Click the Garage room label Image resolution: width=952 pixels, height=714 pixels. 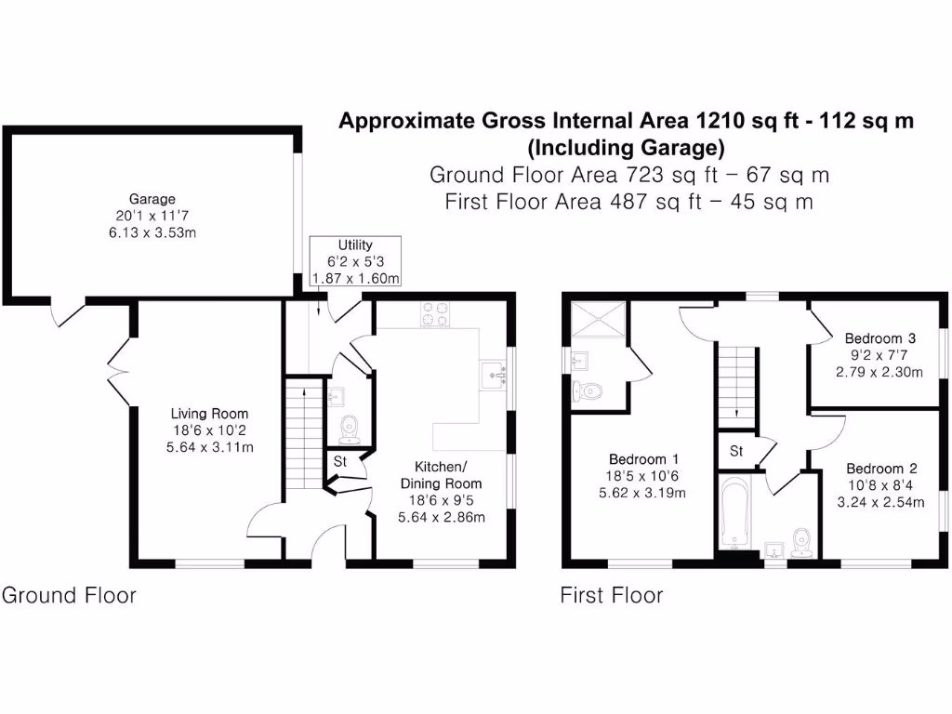point(152,199)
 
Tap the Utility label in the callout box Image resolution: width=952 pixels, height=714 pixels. point(355,245)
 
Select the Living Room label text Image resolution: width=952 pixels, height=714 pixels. point(209,414)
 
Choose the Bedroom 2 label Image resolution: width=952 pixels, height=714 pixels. point(875,469)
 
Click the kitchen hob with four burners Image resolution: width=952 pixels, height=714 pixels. point(434,315)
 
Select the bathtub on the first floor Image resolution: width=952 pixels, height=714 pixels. point(734,511)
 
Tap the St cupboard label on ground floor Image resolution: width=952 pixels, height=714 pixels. point(340,461)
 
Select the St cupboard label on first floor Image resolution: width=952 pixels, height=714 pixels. point(735,452)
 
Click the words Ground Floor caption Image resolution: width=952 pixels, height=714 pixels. point(69,595)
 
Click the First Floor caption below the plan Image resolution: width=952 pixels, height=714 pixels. point(612,595)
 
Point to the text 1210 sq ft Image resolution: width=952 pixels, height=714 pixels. point(747,121)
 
